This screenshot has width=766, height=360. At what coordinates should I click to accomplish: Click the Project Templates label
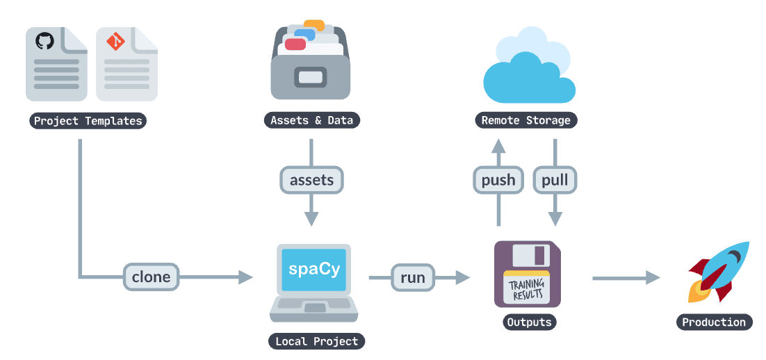click(x=88, y=121)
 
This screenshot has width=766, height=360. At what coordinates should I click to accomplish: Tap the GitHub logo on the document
click(x=44, y=41)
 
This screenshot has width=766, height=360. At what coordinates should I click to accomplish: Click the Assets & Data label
click(x=311, y=120)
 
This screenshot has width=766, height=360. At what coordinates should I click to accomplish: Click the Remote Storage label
click(x=526, y=120)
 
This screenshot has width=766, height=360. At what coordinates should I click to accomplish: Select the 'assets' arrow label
click(x=311, y=181)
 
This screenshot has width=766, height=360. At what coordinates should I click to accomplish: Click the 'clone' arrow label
click(x=151, y=277)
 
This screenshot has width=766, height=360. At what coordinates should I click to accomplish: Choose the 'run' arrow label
click(x=412, y=277)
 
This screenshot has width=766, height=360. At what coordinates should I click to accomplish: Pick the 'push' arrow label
click(x=498, y=181)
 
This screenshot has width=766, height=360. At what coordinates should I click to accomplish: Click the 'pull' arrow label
click(x=555, y=181)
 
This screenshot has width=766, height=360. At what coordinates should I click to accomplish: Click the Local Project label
click(x=316, y=341)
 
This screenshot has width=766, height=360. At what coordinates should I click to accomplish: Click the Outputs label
click(x=529, y=322)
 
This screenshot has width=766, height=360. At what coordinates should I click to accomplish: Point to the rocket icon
click(x=717, y=272)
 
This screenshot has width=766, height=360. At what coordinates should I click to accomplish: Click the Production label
click(x=714, y=322)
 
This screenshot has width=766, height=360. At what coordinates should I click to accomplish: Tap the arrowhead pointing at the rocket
click(x=652, y=278)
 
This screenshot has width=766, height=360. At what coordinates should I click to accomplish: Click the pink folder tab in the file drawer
click(x=295, y=44)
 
